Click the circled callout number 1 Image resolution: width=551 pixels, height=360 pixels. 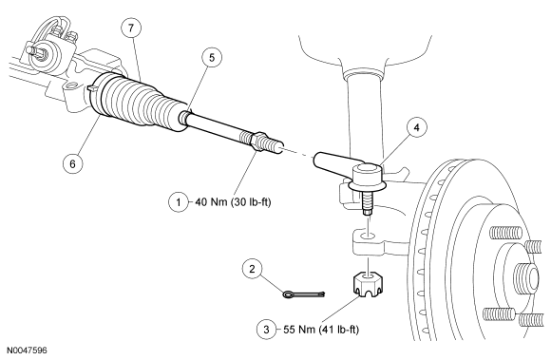point(179,202)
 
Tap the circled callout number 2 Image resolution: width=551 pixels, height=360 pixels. point(252,270)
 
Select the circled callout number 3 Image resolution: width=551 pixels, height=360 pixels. point(266,330)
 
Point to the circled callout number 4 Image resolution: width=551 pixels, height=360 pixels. point(416,127)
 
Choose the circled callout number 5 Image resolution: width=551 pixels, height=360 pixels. point(212,57)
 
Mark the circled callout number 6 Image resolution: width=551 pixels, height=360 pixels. point(73,163)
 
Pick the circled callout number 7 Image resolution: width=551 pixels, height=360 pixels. point(131,28)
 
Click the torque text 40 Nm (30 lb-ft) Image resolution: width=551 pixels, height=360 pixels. point(233,202)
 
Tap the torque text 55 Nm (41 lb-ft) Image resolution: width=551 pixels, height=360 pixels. point(321,330)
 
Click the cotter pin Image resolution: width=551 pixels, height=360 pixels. point(304,294)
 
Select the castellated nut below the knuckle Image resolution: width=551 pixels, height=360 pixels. point(368,285)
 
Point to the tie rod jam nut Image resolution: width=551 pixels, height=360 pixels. point(258,141)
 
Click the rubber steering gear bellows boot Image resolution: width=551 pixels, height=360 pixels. point(142,102)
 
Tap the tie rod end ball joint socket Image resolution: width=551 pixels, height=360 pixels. point(368,174)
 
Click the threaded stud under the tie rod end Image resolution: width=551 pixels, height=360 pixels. point(368,203)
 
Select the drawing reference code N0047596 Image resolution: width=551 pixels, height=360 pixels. point(27,351)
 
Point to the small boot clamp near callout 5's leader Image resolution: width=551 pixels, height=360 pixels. point(183,116)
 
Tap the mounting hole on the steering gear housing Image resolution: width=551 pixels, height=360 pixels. point(72,85)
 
